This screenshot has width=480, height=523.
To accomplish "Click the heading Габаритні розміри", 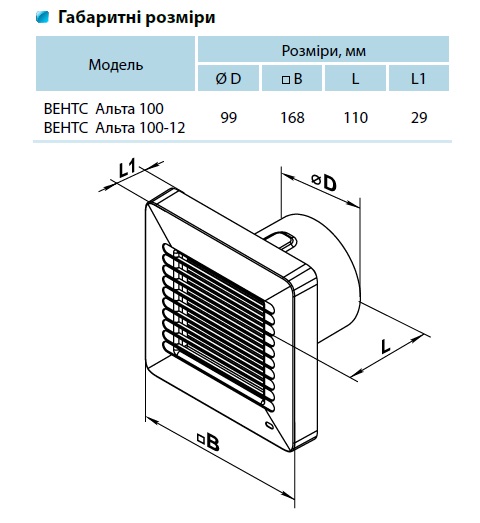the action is point(136,17).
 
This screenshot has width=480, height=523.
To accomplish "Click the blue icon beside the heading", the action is point(42,17).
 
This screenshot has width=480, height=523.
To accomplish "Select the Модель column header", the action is point(115,64).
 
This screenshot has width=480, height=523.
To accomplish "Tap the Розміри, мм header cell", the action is point(323,50).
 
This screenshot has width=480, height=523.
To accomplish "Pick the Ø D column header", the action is point(228,78).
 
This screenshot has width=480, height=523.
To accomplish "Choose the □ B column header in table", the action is point(292,78).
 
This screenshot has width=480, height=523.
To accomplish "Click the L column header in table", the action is point(355,78).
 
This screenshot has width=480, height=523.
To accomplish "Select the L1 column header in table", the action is point(419,78).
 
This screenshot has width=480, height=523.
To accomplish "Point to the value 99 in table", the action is point(228,118).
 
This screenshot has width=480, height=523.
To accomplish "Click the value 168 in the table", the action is point(292,118).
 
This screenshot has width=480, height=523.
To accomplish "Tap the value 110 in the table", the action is point(356,118).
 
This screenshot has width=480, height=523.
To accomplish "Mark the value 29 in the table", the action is point(419,118).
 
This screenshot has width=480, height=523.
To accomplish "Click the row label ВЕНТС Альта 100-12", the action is point(114,128).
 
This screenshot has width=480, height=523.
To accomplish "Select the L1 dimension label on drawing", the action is point(128,167).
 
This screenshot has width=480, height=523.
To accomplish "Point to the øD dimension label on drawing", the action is point(324,182).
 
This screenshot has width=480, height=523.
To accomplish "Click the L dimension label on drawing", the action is point(385,347).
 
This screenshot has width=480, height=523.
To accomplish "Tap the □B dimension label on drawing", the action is point(208,441).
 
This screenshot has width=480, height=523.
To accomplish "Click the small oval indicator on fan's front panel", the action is point(269,425).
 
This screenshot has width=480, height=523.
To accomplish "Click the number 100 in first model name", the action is point(152,109).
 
